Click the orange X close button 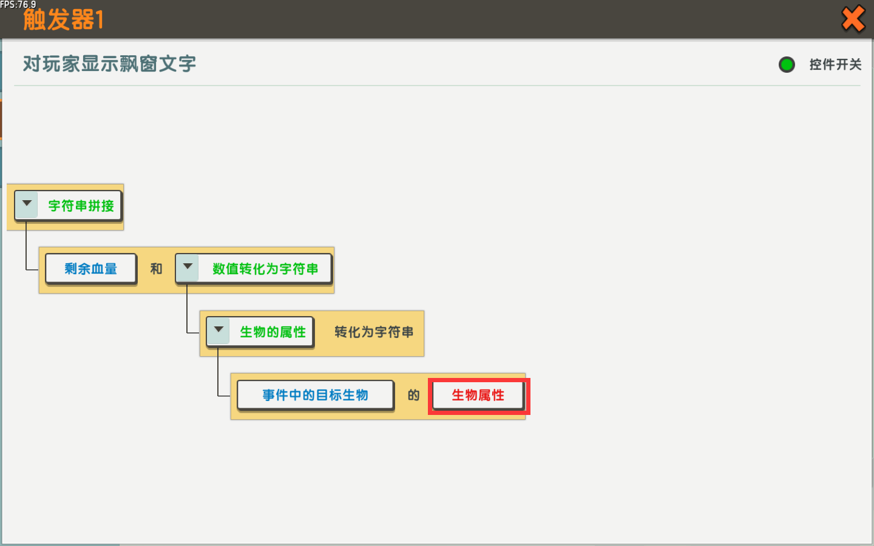tap(853, 19)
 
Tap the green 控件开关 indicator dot tap(787, 64)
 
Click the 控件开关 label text tap(835, 64)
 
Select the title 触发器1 tap(63, 19)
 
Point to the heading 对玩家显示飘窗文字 tap(109, 64)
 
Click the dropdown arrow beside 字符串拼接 tap(27, 204)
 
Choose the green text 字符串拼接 tap(81, 206)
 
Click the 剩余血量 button tap(91, 269)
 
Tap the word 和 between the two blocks tap(156, 269)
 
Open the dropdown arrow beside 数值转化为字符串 tap(188, 267)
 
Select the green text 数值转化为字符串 tap(265, 269)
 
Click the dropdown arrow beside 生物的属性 tap(218, 330)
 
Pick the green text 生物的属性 tap(273, 332)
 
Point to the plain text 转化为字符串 tap(374, 332)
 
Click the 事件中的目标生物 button tap(315, 395)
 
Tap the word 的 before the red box tap(413, 395)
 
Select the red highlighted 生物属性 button tap(478, 396)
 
